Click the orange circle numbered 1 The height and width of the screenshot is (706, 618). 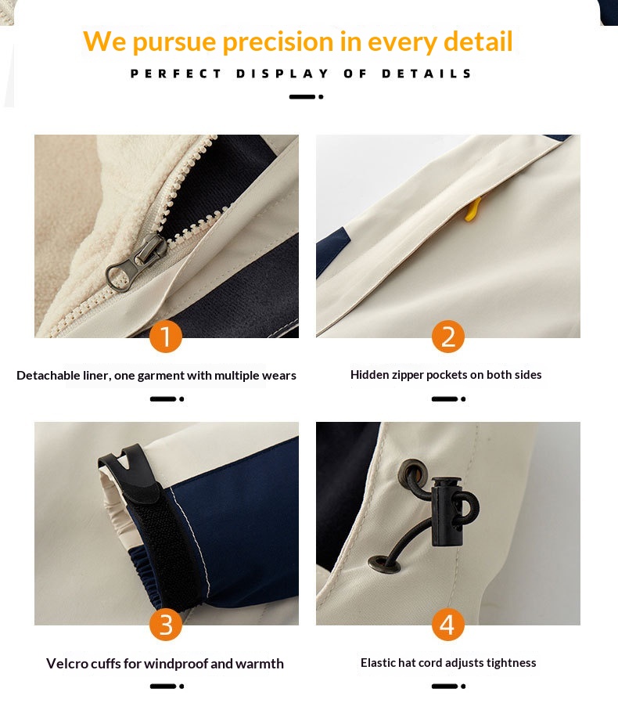click(166, 337)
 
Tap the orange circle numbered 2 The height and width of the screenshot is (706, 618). click(448, 337)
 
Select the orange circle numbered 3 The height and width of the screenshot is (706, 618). click(166, 624)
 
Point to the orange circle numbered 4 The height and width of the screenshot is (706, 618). click(448, 624)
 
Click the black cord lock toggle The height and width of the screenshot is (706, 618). click(446, 511)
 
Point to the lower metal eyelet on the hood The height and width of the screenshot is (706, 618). click(384, 564)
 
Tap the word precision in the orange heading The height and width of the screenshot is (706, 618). click(278, 41)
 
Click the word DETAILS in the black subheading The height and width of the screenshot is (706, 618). click(426, 74)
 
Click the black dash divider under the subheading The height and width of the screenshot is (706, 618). click(306, 97)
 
